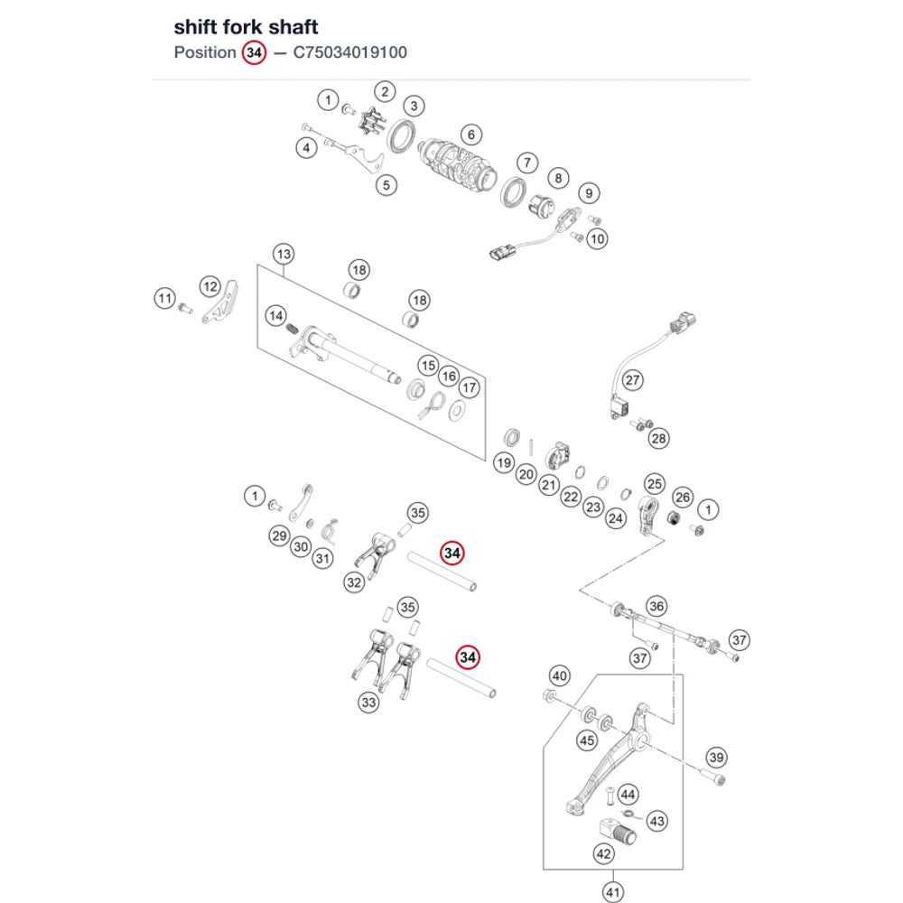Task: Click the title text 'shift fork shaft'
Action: [x=246, y=27]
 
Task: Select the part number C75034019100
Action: [x=350, y=52]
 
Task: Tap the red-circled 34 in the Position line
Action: [x=254, y=53]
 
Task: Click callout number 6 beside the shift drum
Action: [x=471, y=135]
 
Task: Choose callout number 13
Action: [x=284, y=254]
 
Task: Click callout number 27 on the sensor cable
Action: [x=632, y=380]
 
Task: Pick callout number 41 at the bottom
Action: [x=613, y=892]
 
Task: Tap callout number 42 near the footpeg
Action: [x=603, y=853]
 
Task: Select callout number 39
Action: [x=716, y=758]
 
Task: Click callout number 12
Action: [x=210, y=286]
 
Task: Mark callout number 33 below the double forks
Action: [x=368, y=703]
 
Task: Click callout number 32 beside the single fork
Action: [x=354, y=582]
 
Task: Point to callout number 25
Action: [x=654, y=484]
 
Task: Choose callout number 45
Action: [x=587, y=740]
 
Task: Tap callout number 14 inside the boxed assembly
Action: [x=275, y=315]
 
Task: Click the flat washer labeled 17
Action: [x=457, y=411]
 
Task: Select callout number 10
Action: [x=597, y=239]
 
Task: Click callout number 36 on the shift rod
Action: [x=656, y=606]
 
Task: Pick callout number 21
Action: [x=549, y=485]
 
